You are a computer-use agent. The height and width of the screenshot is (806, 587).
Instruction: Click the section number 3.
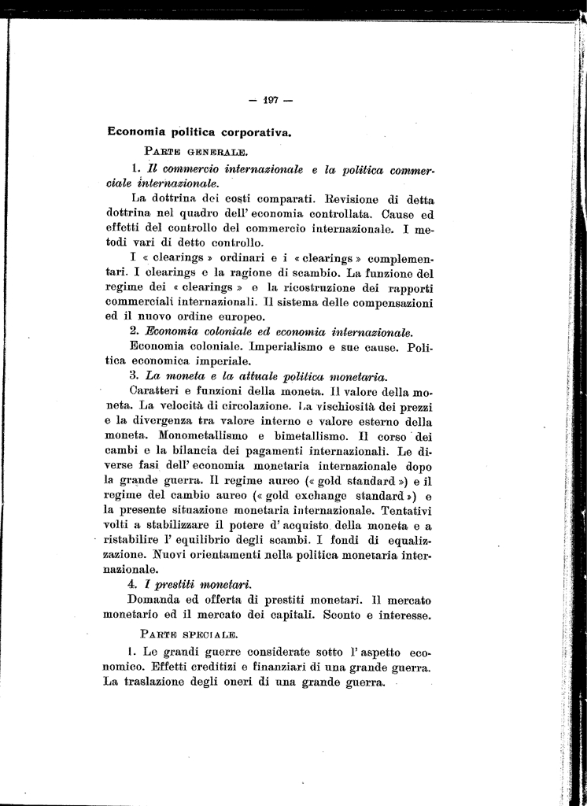[x=134, y=376]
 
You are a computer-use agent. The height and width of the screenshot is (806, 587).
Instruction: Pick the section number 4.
[x=134, y=584]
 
